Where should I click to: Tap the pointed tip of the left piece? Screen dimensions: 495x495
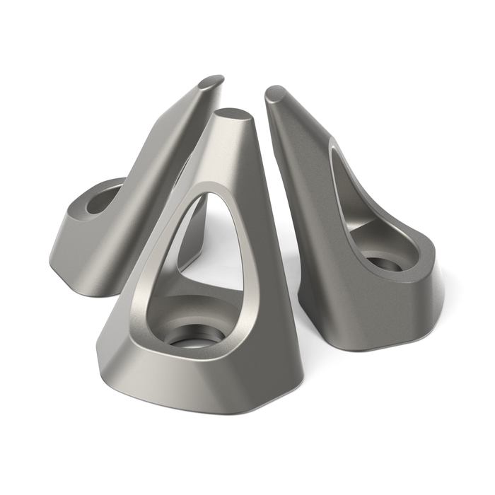211,81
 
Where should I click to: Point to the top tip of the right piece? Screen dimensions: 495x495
275,93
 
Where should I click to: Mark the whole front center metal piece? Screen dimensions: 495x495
212,297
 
